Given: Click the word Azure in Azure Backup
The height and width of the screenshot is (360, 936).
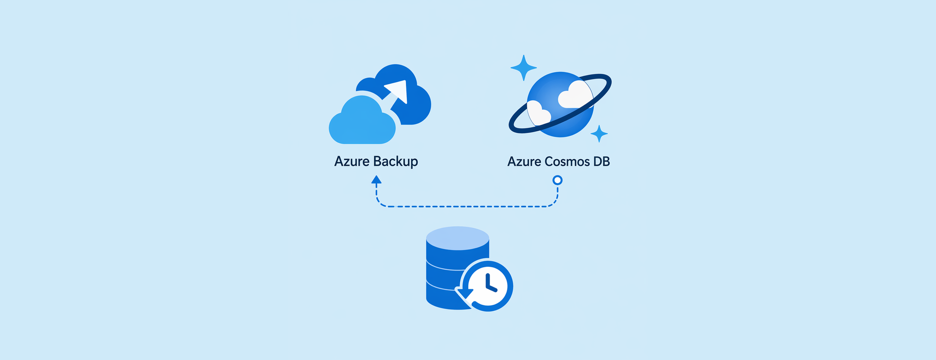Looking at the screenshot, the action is click(352, 162).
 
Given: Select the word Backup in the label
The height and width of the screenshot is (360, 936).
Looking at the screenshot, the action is click(396, 162).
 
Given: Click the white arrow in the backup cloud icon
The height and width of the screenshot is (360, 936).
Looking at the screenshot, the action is click(397, 94).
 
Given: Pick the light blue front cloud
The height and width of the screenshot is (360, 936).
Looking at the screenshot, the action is click(362, 121).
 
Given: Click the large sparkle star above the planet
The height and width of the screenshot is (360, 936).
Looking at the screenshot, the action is click(523, 68).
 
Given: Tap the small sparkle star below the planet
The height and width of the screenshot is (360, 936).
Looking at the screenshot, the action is click(599, 134).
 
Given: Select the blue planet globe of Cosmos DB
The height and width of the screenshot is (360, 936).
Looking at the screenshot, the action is click(560, 104).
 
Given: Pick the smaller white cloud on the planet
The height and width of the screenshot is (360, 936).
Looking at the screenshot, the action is click(538, 113).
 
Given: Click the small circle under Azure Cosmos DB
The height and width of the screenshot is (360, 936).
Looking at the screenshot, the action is click(557, 180).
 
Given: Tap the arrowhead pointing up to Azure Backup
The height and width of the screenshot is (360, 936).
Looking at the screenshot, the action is click(376, 179).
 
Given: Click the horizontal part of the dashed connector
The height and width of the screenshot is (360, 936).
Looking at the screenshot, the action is click(467, 206).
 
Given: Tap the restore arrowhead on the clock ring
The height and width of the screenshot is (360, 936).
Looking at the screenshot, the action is click(464, 294).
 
